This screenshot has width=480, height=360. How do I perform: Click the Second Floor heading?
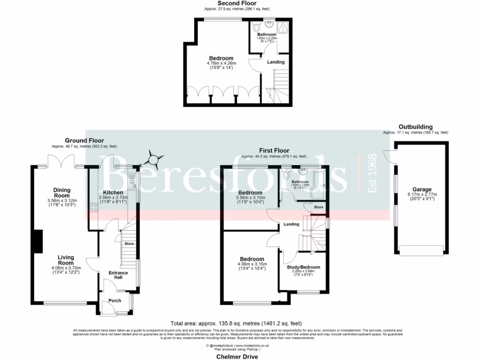[237, 3]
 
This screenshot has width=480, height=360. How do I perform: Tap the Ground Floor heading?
[84, 140]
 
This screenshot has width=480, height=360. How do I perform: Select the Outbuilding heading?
[415, 127]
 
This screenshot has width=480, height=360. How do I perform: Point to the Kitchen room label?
[113, 192]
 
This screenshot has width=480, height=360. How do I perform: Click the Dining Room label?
[61, 193]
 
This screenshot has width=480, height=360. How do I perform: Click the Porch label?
[114, 300]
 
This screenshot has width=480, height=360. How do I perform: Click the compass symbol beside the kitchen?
[155, 159]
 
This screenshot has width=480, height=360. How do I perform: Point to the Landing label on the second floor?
[276, 62]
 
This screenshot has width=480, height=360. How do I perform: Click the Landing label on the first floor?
[291, 224]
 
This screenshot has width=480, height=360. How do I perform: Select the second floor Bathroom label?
[267, 34]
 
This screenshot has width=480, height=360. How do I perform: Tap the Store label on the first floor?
[318, 207]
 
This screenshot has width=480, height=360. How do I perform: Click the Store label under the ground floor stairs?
[129, 244]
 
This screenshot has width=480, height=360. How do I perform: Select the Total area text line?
[236, 323]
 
